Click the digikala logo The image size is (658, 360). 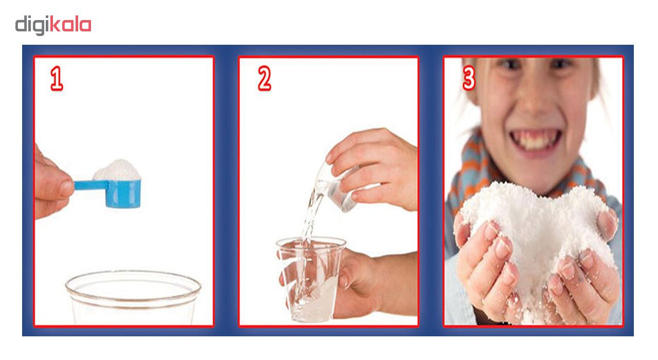pos(53,25)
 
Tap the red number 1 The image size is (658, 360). pos(57,79)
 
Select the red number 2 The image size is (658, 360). pos(264,78)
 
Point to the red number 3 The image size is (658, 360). pos(469,78)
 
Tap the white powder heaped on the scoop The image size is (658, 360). pos(117,170)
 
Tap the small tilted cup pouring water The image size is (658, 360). pos(338,188)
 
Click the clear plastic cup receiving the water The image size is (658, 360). pos(311,280)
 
